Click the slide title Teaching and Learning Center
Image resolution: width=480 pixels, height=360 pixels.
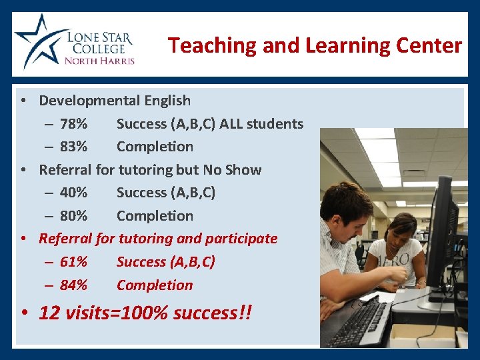(x=315, y=45)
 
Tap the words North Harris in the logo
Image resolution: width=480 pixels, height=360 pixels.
(x=99, y=61)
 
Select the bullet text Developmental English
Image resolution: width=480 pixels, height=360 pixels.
(x=115, y=101)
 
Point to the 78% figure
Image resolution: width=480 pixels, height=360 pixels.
(x=73, y=124)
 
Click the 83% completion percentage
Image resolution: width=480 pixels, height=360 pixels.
(x=73, y=147)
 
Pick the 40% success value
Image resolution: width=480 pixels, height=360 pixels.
(x=73, y=193)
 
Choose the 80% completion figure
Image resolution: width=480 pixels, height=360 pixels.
(x=73, y=216)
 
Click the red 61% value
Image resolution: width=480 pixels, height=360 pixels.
(x=73, y=262)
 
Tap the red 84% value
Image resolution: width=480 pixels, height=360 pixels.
(x=73, y=285)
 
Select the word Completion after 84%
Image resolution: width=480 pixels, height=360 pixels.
(x=155, y=285)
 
